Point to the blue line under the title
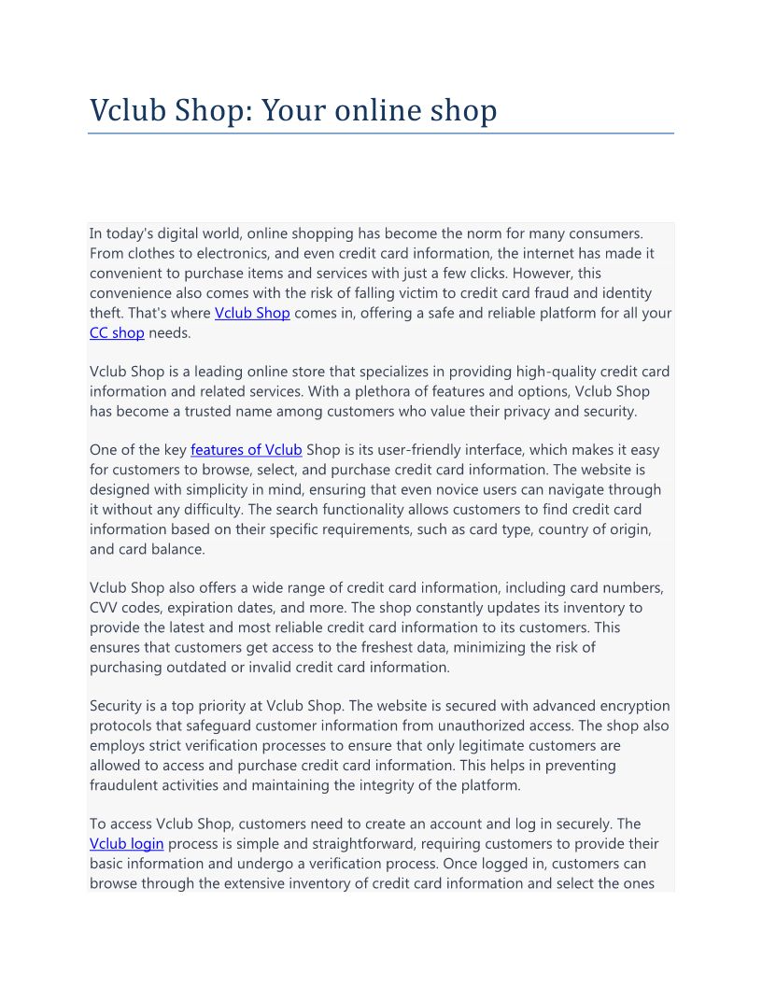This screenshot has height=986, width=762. click(381, 134)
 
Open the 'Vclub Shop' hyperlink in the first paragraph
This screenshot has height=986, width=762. click(252, 313)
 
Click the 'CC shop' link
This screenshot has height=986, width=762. click(117, 332)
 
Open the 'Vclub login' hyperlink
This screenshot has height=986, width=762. click(127, 844)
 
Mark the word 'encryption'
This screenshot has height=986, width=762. click(631, 706)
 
